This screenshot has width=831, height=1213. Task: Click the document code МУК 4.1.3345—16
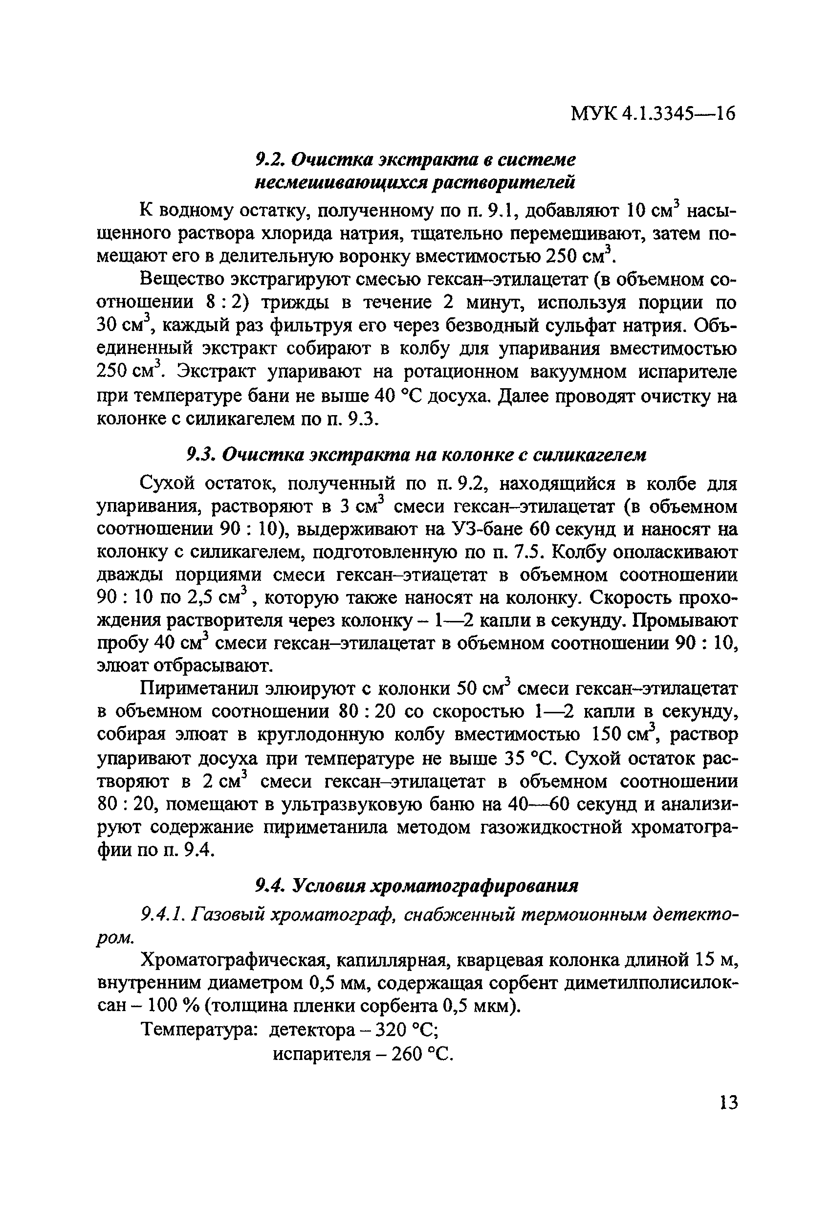[653, 113]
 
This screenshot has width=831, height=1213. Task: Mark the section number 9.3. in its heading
[201, 455]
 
